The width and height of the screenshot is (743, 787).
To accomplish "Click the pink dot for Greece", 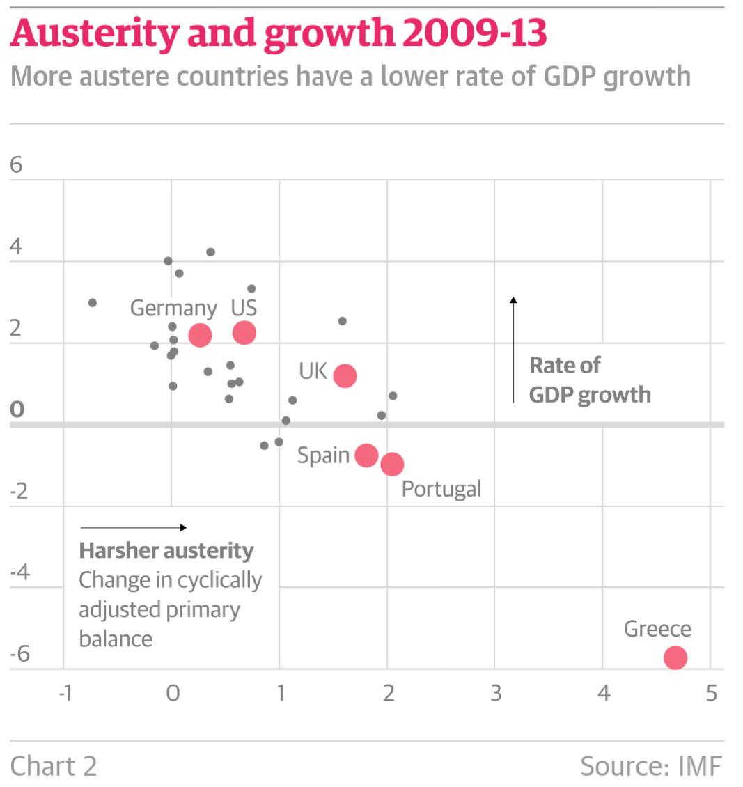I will pos(675,657).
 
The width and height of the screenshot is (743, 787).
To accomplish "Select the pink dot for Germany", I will pos(200,335).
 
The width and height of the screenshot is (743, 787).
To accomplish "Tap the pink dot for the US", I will pos(244,333).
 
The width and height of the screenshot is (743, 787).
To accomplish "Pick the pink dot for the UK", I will pos(345,375).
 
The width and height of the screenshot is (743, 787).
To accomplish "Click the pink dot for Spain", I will pos(366,455).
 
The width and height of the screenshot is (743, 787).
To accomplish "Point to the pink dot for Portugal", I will pos(392,464).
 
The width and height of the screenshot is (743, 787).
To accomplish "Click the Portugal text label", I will pos(441,488).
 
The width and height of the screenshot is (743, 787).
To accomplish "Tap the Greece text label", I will pos(657,629).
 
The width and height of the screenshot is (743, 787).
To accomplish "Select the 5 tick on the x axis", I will pos(710,694).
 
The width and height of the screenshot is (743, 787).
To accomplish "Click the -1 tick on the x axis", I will pos(64,694).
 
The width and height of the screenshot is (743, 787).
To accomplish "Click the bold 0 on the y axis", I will pos(17,410).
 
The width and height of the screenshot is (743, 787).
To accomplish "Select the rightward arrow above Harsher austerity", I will pos(133,527).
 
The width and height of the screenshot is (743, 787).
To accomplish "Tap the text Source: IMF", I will pos(651,766).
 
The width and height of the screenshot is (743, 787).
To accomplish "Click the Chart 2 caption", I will pos(54,766).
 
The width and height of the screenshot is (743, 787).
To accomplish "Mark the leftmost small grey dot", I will pos(92,303).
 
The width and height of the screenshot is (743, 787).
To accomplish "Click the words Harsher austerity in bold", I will pos(166,551).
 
